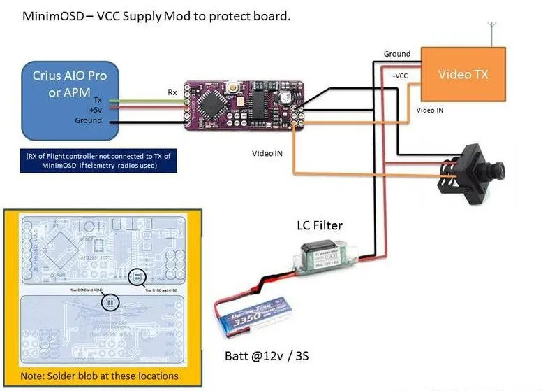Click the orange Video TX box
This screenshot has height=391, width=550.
coord(462,76)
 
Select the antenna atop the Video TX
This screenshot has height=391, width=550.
coord(492,34)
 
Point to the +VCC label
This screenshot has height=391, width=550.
coord(401,75)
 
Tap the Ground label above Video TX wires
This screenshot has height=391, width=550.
coord(396,54)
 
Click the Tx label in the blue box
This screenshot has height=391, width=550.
coord(98,100)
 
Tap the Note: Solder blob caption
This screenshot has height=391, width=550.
coord(99,376)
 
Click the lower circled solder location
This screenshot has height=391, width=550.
coord(110,302)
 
